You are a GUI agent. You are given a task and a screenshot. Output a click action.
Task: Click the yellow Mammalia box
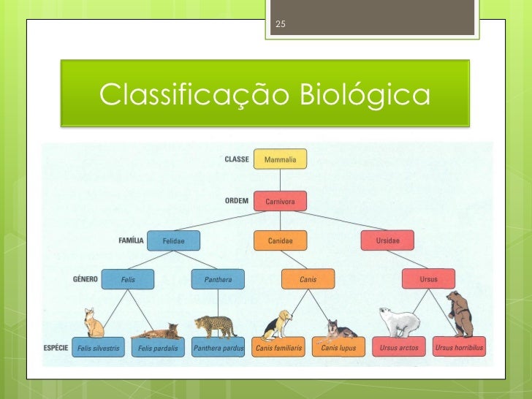[280, 159]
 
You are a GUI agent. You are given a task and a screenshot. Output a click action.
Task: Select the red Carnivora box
[280, 200]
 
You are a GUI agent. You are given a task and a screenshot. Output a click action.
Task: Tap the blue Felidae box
[173, 240]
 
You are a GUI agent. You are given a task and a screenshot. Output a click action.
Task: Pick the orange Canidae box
[280, 240]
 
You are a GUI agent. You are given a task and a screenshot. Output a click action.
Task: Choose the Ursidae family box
[387, 240]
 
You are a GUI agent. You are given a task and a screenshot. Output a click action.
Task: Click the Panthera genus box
[218, 278]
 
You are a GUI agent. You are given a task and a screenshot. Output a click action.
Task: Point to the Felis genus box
[129, 278]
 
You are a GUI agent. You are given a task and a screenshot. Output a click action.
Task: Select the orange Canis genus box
[308, 278]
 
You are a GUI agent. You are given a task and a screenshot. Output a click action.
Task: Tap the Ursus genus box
[428, 278]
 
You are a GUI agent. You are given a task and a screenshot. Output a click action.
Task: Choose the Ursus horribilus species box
[459, 348]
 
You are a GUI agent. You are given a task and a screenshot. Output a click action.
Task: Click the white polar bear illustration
[400, 322]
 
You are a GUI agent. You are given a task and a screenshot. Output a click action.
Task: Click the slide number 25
[280, 26]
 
